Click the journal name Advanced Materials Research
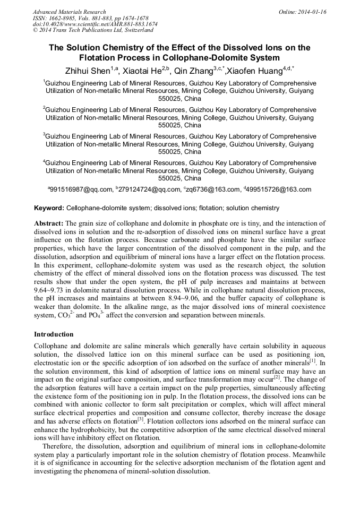[x=69, y=12]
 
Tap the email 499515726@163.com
[x=279, y=189]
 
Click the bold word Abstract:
[x=49, y=224]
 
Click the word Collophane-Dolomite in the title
[x=226, y=57]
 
